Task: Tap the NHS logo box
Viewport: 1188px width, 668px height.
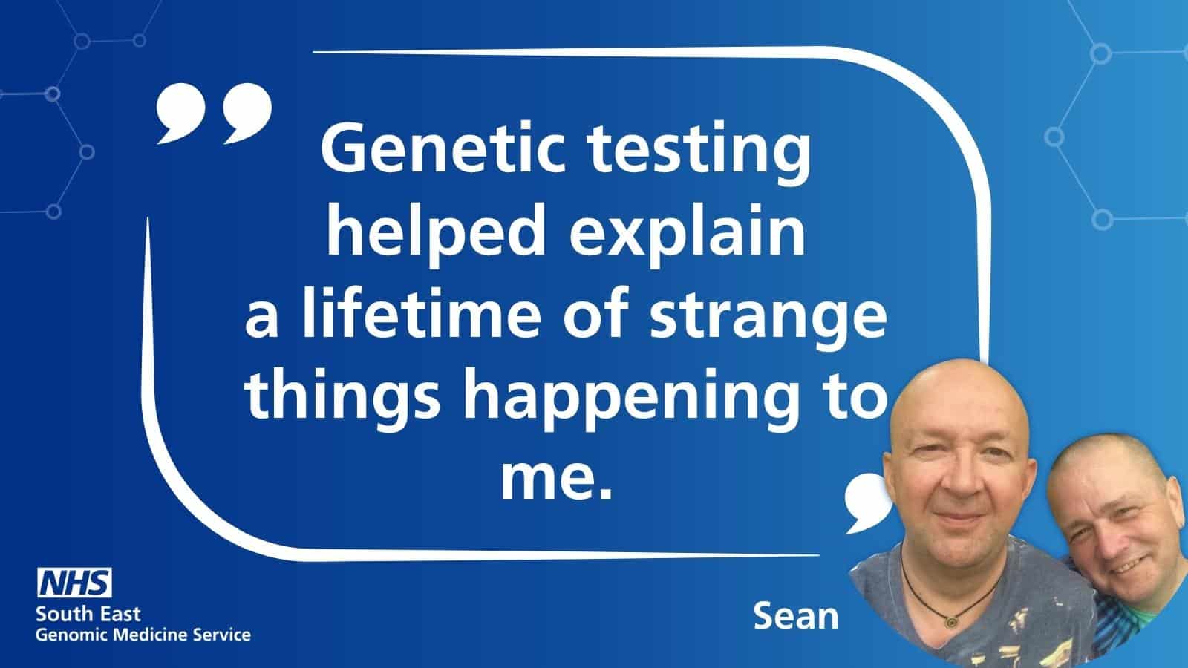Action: [x=75, y=583]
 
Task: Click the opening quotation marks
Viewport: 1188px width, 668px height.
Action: [x=214, y=111]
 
